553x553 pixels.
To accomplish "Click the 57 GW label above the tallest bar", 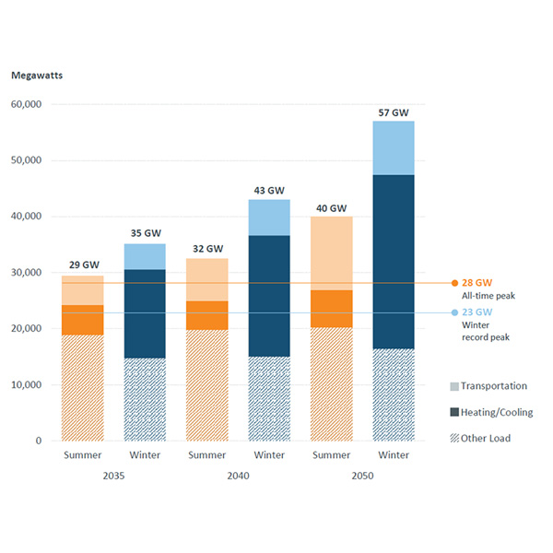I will [x=394, y=112].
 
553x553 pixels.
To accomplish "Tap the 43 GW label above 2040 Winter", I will [x=268, y=191].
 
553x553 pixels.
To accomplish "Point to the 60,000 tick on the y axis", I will [x=26, y=105].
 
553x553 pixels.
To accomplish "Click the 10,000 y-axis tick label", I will [x=26, y=385].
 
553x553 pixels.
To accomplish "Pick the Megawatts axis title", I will [x=35, y=75].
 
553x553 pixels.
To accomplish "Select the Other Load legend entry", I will [x=483, y=438].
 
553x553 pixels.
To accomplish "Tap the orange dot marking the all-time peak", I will [x=454, y=283].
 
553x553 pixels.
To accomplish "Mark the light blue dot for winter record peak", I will [x=454, y=312].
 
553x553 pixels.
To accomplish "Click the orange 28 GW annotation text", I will [x=476, y=283].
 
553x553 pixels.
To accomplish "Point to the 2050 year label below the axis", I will [x=362, y=475].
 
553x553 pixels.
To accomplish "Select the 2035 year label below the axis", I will [x=113, y=475].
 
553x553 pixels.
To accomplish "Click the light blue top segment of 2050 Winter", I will [x=394, y=147].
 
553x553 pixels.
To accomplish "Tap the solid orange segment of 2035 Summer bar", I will [x=82, y=320].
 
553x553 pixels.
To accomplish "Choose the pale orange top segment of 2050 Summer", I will [x=331, y=253].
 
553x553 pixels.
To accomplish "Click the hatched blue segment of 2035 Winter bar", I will [x=145, y=399].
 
